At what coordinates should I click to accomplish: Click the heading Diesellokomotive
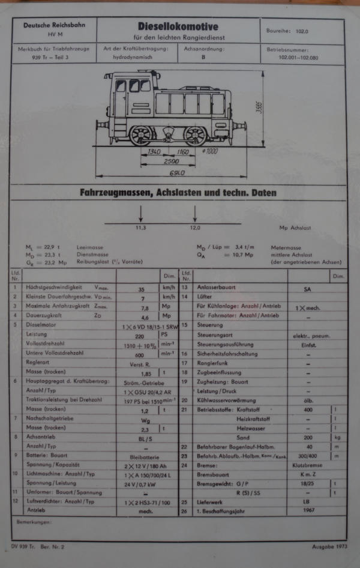[x=178, y=27]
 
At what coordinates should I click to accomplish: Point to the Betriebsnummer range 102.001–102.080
[x=304, y=58]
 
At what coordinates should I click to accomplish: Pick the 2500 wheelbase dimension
[x=172, y=163]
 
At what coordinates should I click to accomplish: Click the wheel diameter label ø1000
[x=211, y=152]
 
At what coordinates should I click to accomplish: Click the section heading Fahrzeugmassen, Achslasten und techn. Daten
[x=178, y=193]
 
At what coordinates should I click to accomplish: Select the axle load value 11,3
[x=140, y=228]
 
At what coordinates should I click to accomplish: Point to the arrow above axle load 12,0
[x=194, y=213]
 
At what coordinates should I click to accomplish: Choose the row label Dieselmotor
[x=41, y=325]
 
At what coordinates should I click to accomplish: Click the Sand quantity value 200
[x=308, y=438]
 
